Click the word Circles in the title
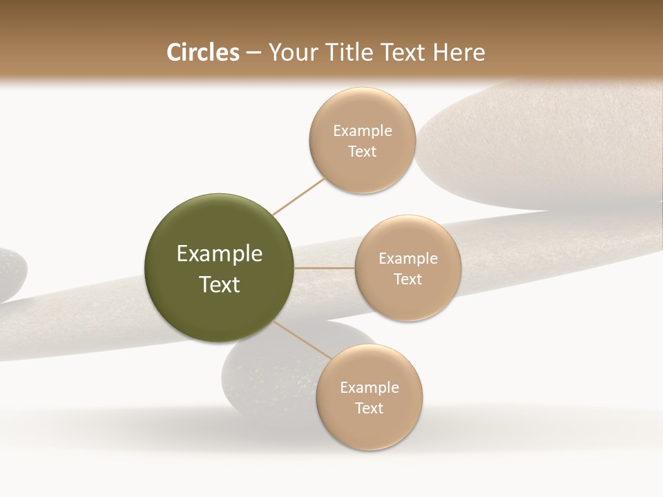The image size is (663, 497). coord(203,52)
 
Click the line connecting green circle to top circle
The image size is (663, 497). coord(298,196)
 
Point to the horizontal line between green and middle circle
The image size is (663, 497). coord(325,268)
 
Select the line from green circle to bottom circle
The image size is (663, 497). coord(302,340)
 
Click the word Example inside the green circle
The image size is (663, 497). coord(220,254)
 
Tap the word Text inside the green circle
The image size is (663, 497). coord(220,284)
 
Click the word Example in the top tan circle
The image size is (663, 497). coord(362,131)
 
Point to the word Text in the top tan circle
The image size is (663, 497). coord(362,152)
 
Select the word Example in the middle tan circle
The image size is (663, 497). coord(407,259)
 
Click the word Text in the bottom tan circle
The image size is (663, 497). coord(369,409)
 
